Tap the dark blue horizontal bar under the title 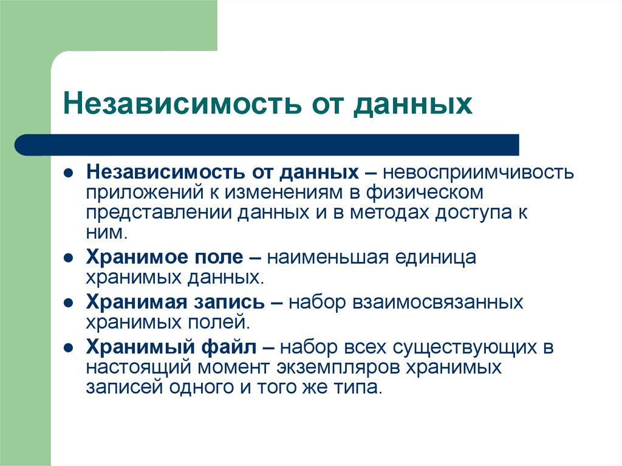coord(267,145)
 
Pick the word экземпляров coord(337,368)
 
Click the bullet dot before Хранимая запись coord(70,302)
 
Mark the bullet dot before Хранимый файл coord(70,348)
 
